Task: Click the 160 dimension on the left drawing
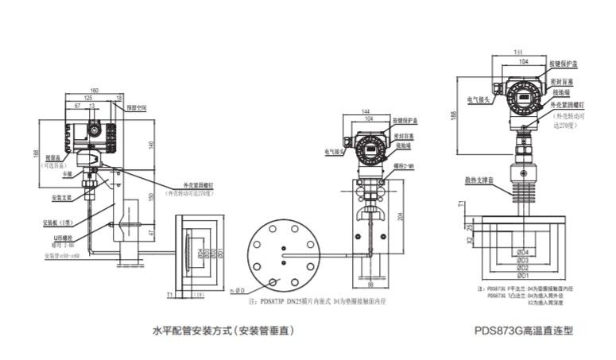[x=95, y=89]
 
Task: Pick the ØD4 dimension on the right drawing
[x=523, y=251]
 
